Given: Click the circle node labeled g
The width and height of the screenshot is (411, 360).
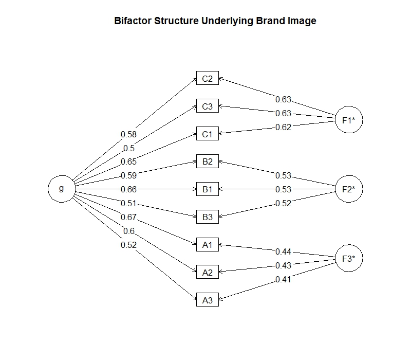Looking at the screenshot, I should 62,189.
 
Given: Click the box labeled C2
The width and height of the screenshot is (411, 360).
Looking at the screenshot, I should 208,79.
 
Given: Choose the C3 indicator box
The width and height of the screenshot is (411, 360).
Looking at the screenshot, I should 208,107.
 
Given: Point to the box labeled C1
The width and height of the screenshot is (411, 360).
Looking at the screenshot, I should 208,134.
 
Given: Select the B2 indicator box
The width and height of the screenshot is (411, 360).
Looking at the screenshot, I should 208,162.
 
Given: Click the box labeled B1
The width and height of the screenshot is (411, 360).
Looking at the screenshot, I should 208,189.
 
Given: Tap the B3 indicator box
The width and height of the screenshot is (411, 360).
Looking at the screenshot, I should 208,217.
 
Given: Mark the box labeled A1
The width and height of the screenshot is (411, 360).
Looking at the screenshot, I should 208,245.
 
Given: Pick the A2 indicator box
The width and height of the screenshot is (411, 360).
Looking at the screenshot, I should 208,272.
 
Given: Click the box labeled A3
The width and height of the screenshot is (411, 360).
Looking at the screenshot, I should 208,300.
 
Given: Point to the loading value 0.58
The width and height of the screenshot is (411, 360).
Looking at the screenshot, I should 128,134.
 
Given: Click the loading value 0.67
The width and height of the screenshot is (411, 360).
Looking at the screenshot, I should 128,218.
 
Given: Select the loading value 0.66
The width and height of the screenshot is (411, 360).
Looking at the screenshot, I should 128,189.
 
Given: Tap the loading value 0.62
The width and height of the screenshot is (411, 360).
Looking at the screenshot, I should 283,127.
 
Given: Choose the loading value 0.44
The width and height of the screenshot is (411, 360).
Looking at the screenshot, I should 283,251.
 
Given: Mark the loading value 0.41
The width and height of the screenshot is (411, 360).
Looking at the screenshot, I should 283,280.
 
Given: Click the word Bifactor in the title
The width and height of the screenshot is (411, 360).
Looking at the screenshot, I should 133,22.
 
